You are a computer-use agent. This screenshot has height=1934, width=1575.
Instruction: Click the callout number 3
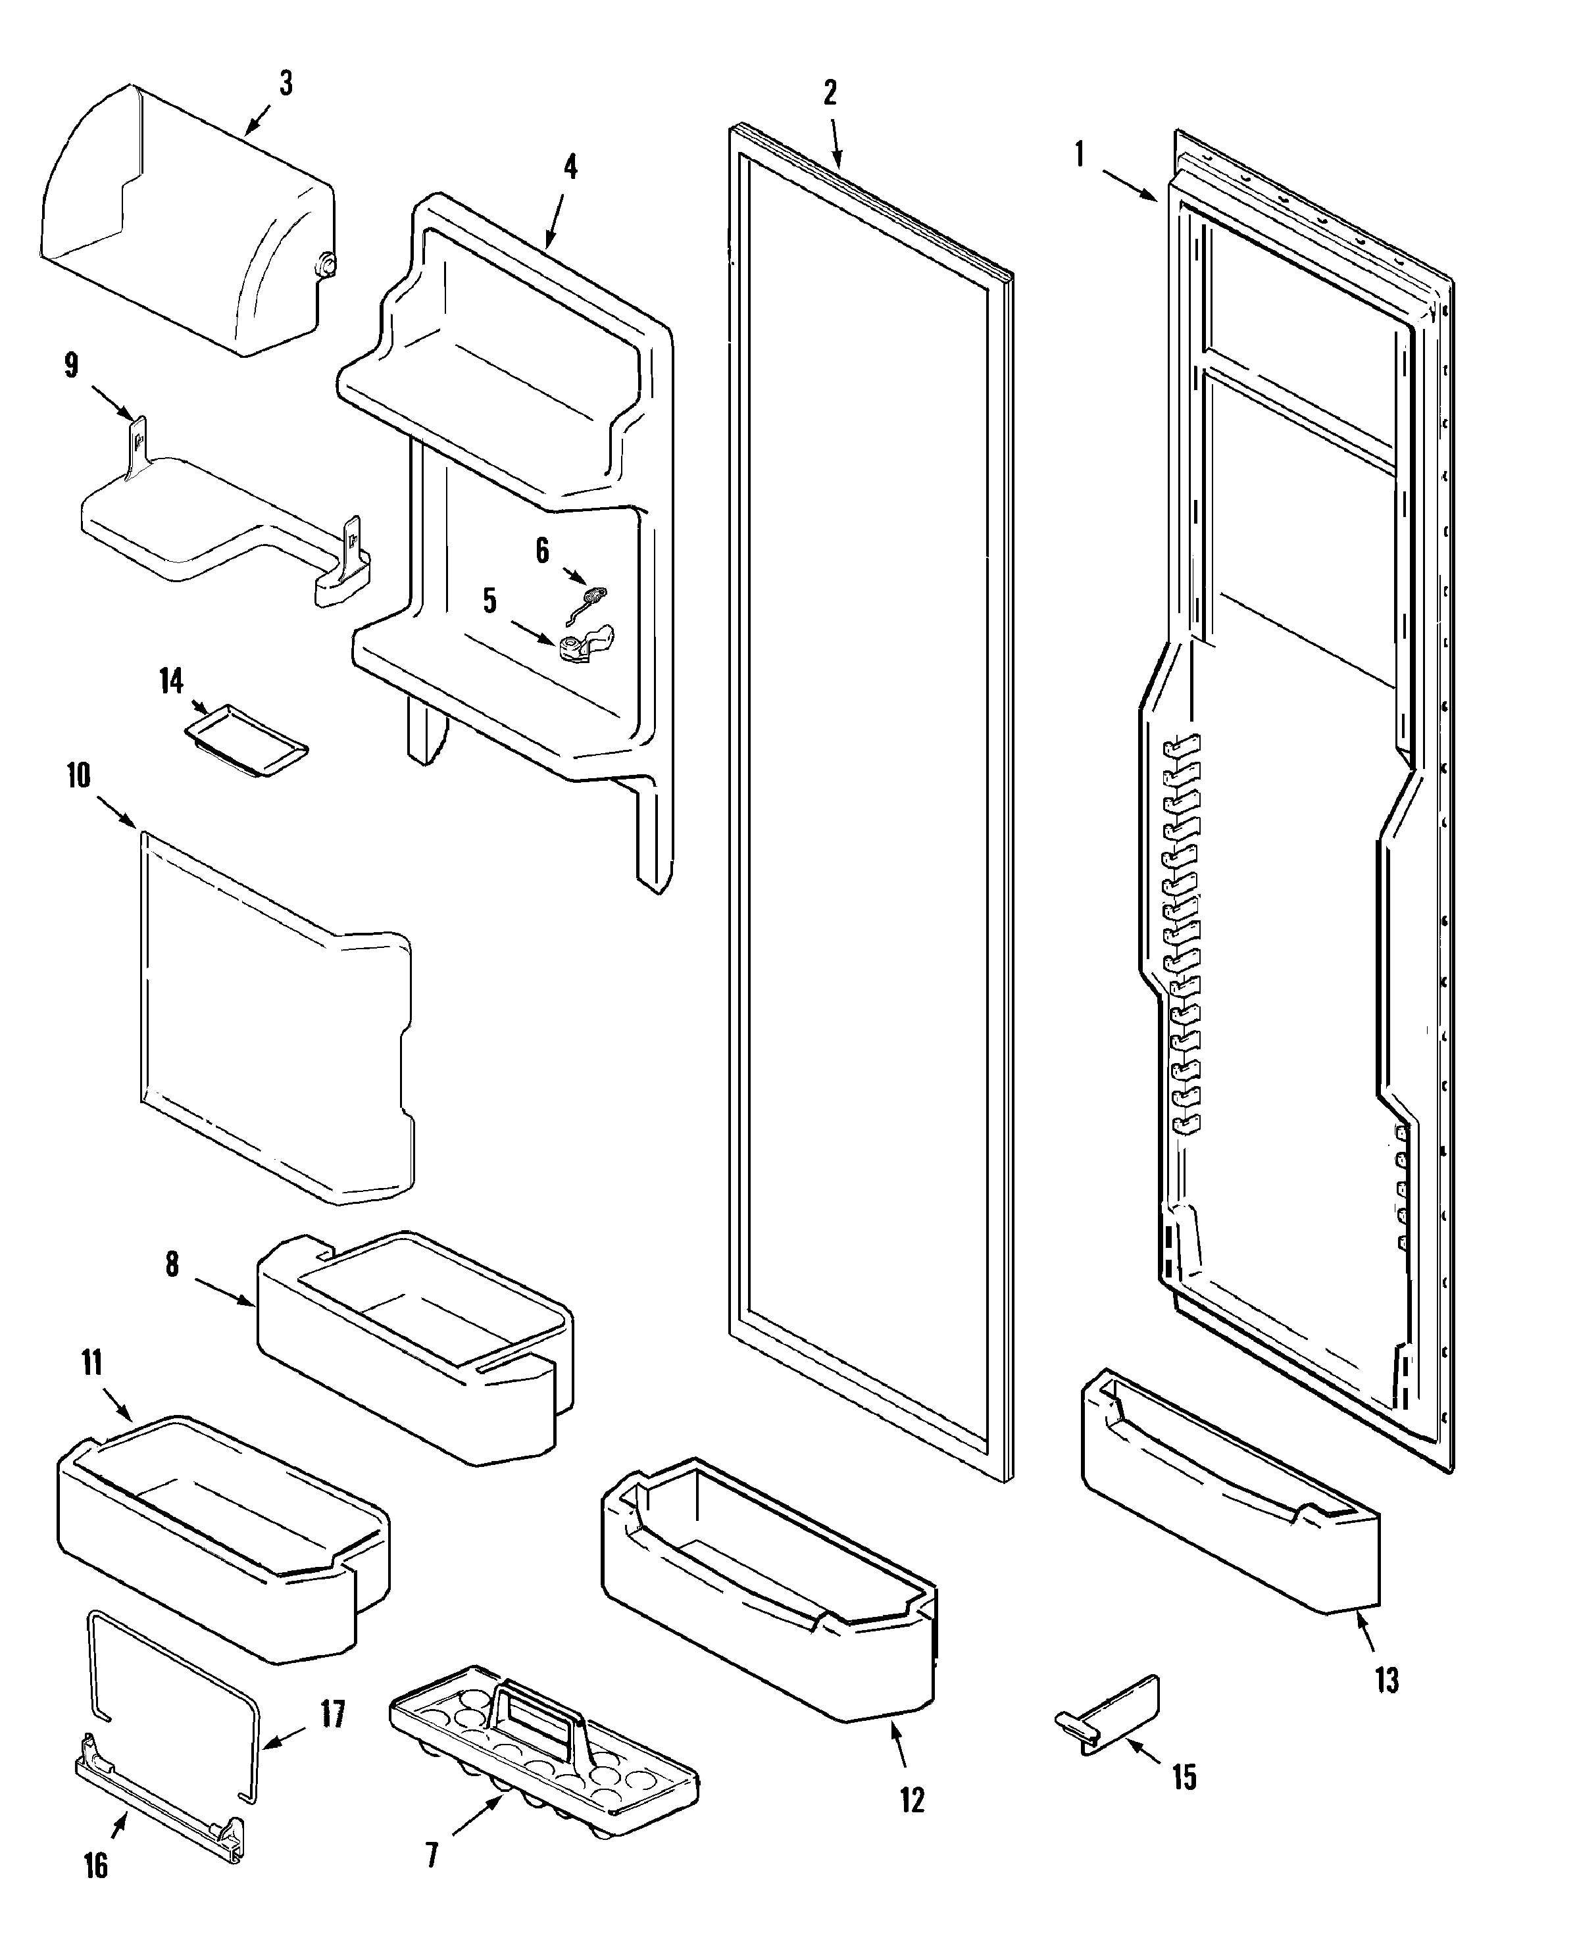pyautogui.click(x=286, y=84)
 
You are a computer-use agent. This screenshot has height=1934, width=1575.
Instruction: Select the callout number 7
pyautogui.click(x=432, y=1855)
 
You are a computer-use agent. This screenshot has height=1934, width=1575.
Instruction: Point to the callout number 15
pyautogui.click(x=1184, y=1776)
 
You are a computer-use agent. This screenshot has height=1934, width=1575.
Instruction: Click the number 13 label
pyautogui.click(x=1386, y=1680)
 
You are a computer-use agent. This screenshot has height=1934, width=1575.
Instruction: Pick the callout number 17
pyautogui.click(x=333, y=1714)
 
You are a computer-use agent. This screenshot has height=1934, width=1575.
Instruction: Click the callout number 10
pyautogui.click(x=79, y=776)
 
